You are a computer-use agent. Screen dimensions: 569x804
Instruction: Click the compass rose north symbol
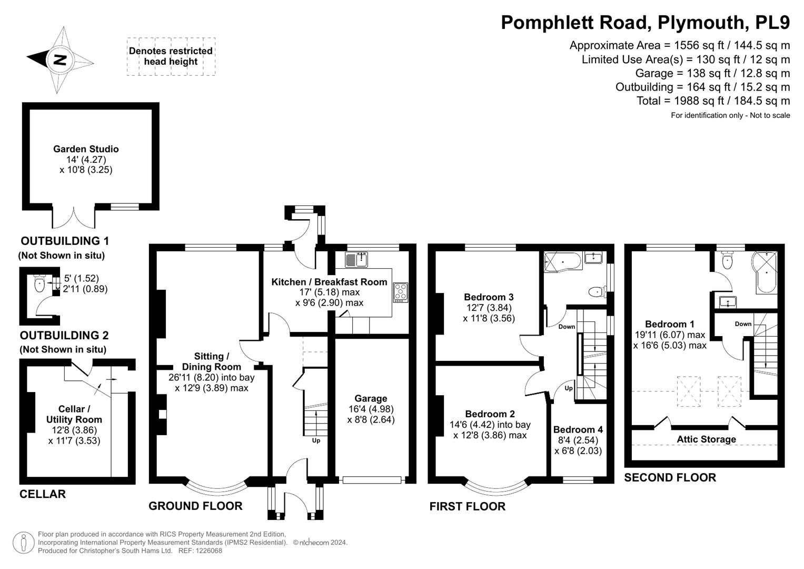pyautogui.click(x=59, y=60)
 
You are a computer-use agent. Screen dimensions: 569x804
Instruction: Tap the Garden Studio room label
pyautogui.click(x=86, y=149)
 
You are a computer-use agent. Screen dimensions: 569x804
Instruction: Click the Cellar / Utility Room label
pyautogui.click(x=74, y=415)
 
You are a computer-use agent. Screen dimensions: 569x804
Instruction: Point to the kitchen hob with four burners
pyautogui.click(x=400, y=292)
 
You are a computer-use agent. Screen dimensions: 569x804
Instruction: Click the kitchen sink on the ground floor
pyautogui.click(x=358, y=259)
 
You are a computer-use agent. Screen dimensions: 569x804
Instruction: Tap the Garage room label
pyautogui.click(x=371, y=399)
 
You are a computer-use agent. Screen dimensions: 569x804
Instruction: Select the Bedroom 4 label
pyautogui.click(x=578, y=429)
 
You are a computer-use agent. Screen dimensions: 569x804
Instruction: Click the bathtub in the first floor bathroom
pyautogui.click(x=562, y=260)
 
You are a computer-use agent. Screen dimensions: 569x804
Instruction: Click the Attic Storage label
pyautogui.click(x=706, y=439)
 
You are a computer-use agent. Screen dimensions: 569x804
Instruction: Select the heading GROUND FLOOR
pyautogui.click(x=195, y=506)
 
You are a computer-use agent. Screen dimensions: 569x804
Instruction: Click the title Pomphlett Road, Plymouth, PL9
pyautogui.click(x=645, y=23)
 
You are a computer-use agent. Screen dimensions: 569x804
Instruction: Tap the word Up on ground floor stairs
pyautogui.click(x=316, y=440)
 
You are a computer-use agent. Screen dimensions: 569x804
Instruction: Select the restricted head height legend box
pyautogui.click(x=171, y=56)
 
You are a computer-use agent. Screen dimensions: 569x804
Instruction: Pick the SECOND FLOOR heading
pyautogui.click(x=670, y=477)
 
